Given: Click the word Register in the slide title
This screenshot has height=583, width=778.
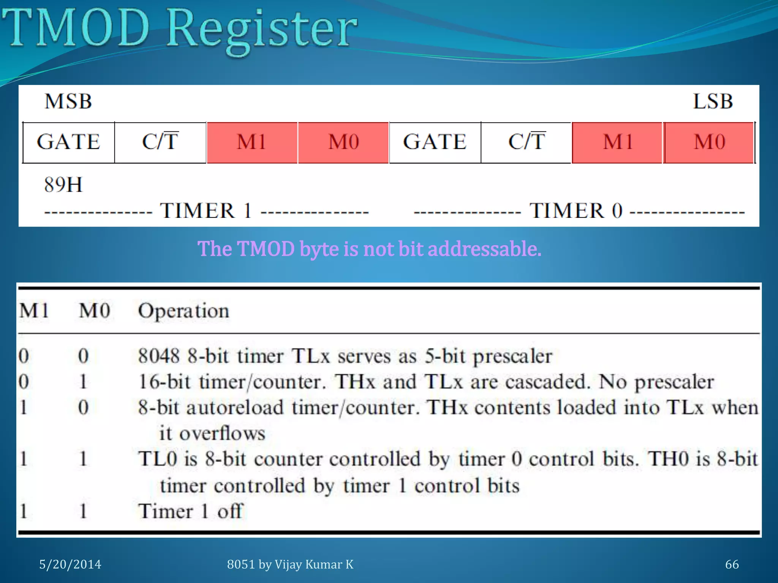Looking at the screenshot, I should coord(262,30).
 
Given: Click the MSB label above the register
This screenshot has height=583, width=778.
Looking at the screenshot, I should coord(68,101).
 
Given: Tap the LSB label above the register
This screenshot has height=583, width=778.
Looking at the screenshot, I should coord(713,101).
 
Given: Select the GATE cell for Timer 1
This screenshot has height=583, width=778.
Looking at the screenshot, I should coord(69,142).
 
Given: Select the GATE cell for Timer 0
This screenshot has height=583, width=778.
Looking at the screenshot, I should coord(435,142).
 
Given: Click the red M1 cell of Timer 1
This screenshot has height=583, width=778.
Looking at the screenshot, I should coord(252,142).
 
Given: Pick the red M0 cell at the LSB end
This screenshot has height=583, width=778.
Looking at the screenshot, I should coord(709,142).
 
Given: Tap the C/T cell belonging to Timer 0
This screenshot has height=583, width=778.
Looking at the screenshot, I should coord(527,142).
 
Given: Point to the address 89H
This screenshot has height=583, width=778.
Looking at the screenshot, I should coord(63,185).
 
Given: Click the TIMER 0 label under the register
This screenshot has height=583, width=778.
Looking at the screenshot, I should coord(576,211).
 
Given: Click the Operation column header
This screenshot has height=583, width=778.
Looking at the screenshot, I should coord(183,311).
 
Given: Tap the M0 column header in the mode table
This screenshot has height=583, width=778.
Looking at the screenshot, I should coord(94,311).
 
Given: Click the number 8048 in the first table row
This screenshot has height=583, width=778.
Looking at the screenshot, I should coord(159,356).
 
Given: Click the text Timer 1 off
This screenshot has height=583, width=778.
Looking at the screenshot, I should coord(190,511).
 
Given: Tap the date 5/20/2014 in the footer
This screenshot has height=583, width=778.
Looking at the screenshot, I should coord(70,564).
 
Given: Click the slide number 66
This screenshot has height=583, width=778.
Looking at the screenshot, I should coord(732,564).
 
